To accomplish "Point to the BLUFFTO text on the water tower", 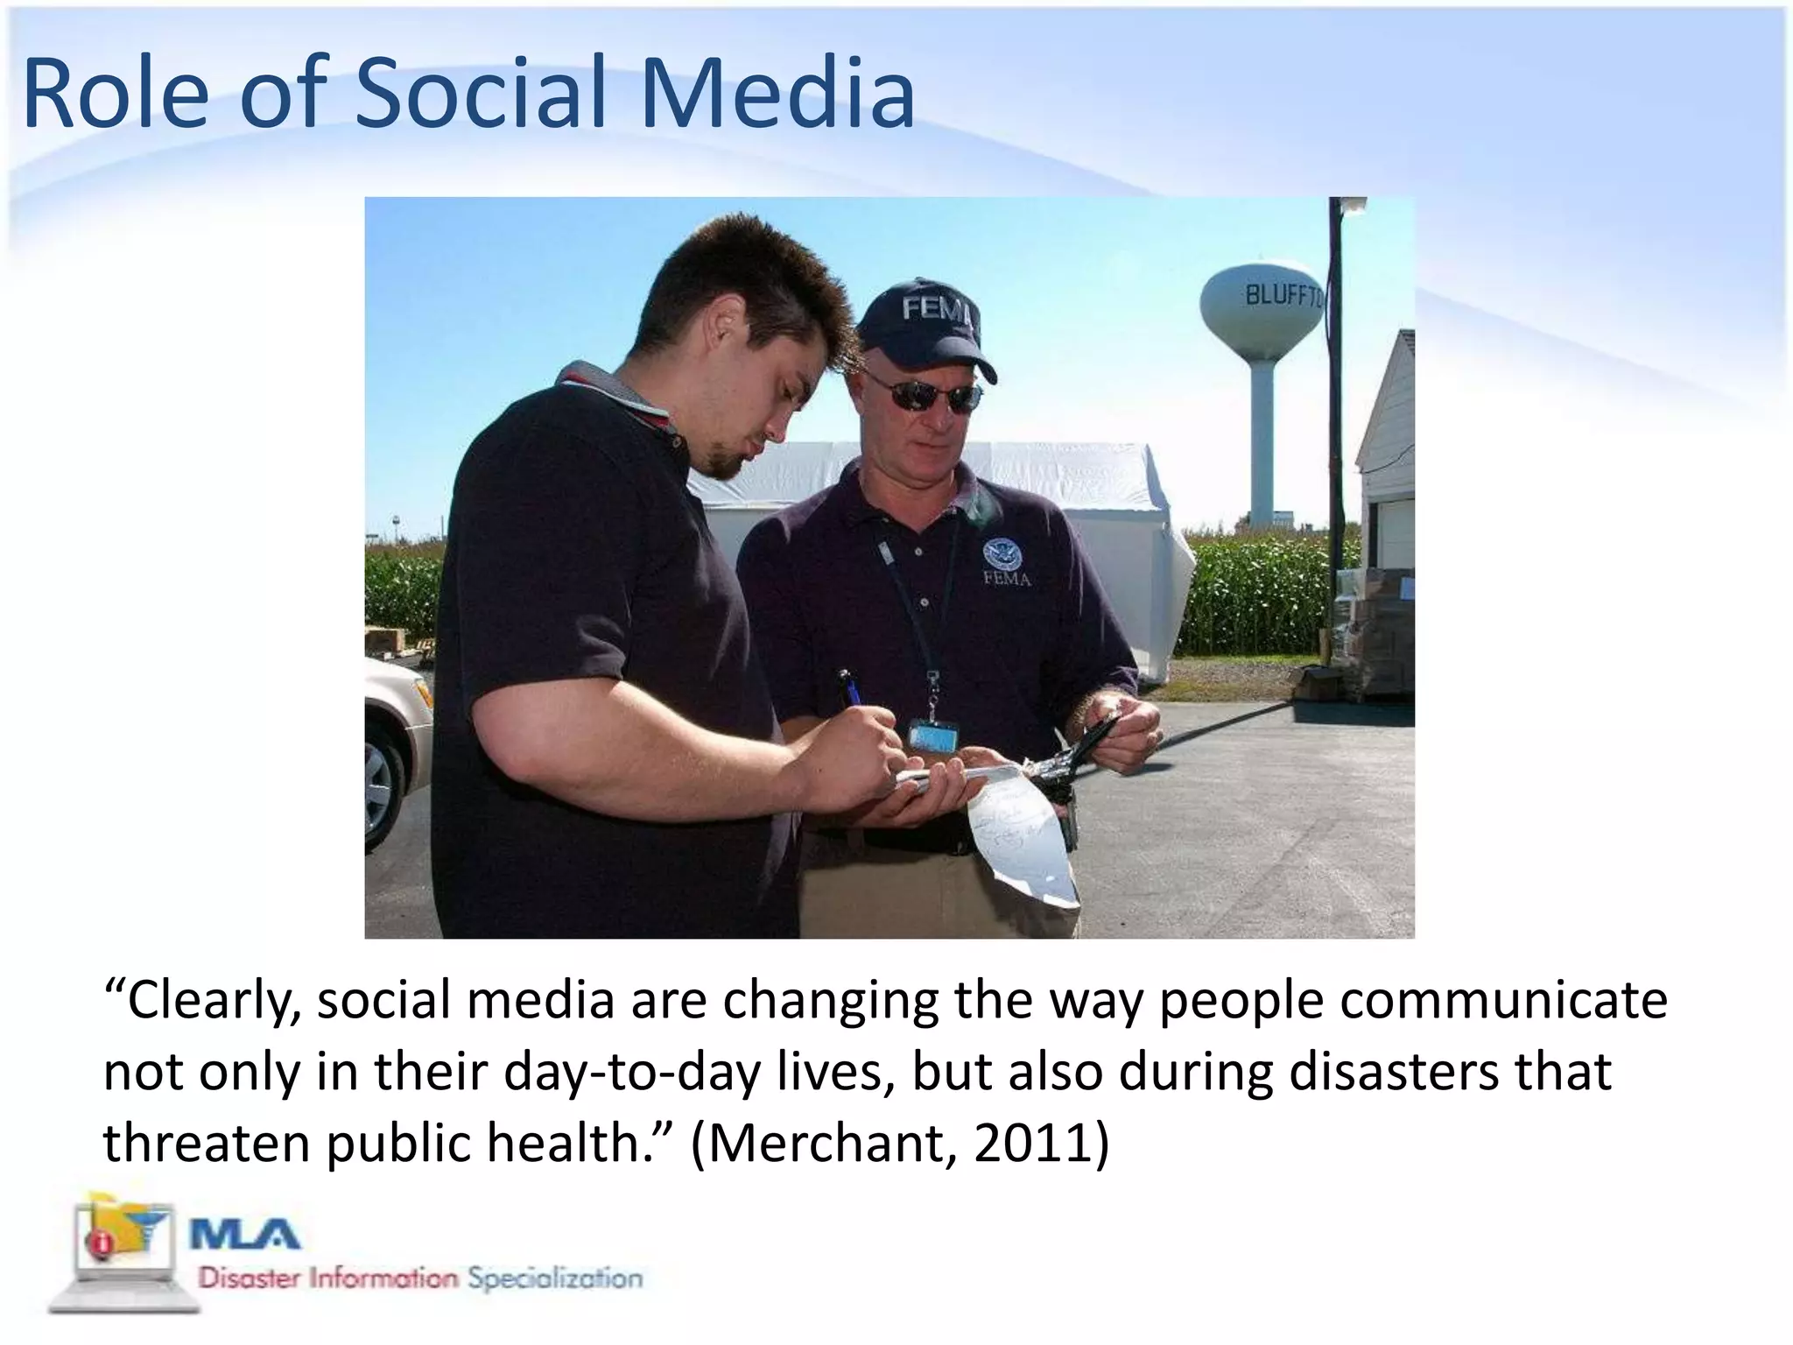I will [1283, 296].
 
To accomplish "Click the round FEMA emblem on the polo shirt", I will [999, 554].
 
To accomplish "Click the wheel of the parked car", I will [379, 787].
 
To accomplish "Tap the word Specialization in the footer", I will [555, 1278].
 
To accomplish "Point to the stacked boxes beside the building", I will [1375, 630].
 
